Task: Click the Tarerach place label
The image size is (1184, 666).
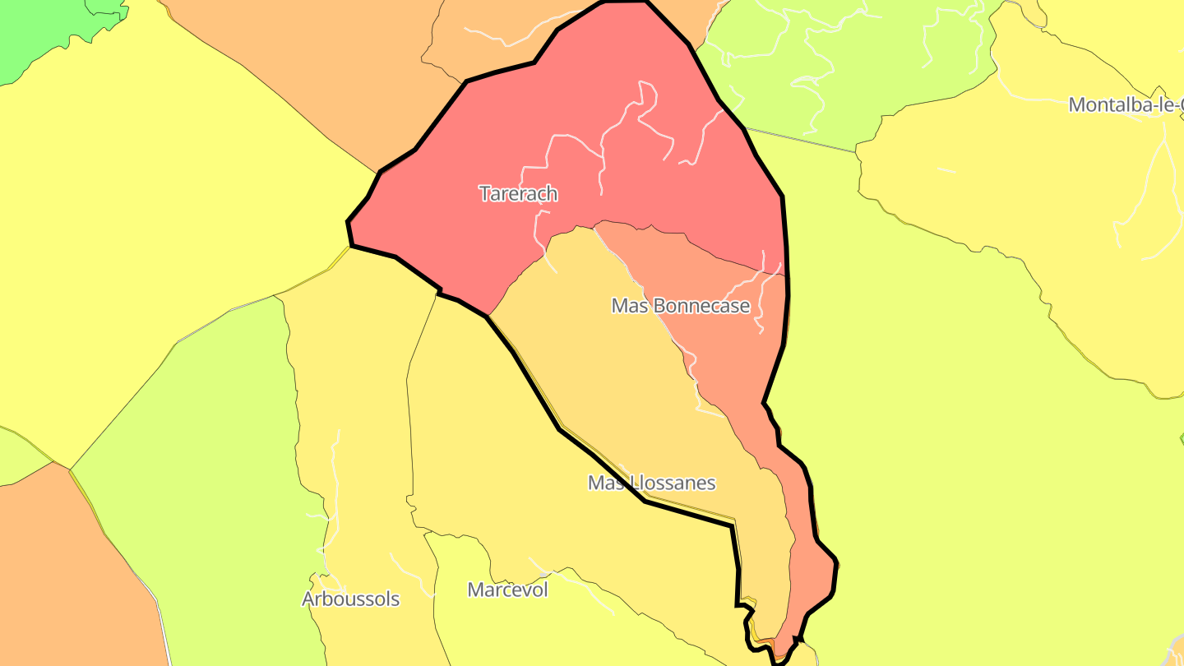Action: pos(518,194)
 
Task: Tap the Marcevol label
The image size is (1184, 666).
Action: pos(507,590)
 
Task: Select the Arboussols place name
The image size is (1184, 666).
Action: pos(351,599)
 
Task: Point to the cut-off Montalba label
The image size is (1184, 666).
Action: pos(1126,105)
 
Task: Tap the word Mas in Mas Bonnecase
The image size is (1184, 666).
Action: pos(627,306)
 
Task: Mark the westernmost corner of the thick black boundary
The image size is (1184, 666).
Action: pos(349,222)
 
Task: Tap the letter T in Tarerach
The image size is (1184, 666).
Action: pos(485,194)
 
